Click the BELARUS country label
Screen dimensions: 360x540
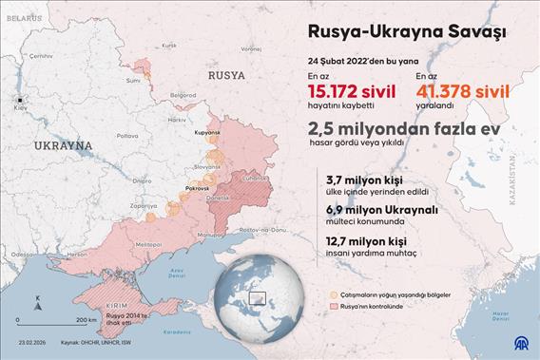[x=23, y=18]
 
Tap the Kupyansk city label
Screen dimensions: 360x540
[x=202, y=132]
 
